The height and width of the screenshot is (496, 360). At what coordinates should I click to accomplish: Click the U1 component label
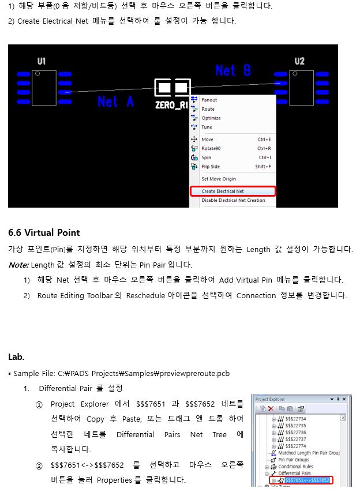click(x=42, y=61)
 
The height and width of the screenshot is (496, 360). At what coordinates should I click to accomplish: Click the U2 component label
click(x=299, y=61)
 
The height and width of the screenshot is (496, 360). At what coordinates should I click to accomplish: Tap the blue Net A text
click(x=115, y=102)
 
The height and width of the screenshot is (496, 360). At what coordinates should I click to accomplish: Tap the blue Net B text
click(x=233, y=70)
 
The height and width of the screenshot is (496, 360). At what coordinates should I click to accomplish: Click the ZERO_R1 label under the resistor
click(x=171, y=105)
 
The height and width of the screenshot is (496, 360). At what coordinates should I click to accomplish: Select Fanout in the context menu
click(x=209, y=100)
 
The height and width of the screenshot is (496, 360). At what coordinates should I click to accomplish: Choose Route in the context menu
click(x=208, y=109)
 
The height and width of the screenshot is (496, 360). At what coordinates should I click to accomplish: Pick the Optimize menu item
click(x=211, y=118)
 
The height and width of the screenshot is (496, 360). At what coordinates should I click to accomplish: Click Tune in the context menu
click(x=207, y=127)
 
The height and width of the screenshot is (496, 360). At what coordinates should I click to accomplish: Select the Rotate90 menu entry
click(x=211, y=149)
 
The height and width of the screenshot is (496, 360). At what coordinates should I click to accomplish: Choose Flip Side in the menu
click(x=211, y=167)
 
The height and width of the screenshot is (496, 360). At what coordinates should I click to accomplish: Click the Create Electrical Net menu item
click(x=223, y=191)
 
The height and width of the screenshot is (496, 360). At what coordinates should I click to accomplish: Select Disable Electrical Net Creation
click(x=233, y=201)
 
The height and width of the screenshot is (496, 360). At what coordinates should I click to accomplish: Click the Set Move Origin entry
click(x=219, y=179)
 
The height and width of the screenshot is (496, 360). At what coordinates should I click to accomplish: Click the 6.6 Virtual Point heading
click(x=44, y=233)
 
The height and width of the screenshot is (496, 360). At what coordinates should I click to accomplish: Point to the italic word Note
click(x=18, y=265)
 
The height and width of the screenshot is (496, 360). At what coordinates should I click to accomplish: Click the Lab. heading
click(x=16, y=357)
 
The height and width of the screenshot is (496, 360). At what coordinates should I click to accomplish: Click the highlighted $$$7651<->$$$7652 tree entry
click(x=307, y=480)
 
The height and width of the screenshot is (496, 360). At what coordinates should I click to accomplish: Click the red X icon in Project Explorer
click(x=271, y=409)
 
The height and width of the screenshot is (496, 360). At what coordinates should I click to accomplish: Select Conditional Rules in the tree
click(x=295, y=467)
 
